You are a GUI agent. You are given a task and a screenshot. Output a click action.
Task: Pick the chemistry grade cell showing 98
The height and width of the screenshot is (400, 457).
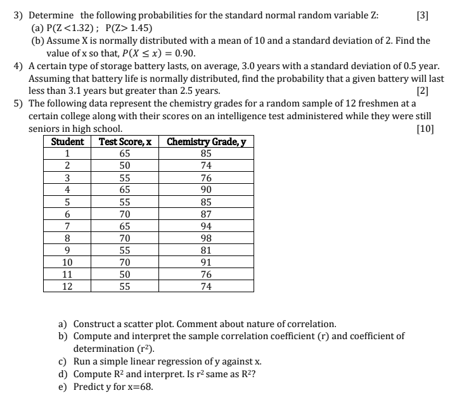pyautogui.click(x=205, y=238)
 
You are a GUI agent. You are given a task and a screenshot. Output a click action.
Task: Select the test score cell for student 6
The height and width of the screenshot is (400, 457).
pyautogui.click(x=125, y=214)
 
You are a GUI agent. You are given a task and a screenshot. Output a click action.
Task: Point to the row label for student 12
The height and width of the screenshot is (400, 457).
pyautogui.click(x=67, y=287)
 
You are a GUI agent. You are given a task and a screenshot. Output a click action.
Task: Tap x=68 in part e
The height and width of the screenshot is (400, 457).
pyautogui.click(x=138, y=387)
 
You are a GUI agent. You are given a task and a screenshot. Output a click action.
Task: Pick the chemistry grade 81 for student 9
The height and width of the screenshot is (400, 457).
pyautogui.click(x=205, y=250)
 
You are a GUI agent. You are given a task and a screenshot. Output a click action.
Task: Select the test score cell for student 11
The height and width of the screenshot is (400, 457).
pyautogui.click(x=125, y=274)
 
